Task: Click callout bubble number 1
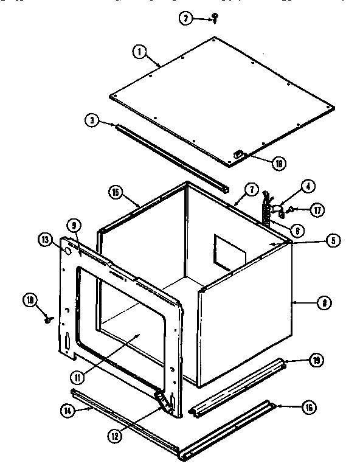(x=140, y=52)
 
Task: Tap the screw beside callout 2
(x=215, y=19)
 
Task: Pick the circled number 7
(x=249, y=189)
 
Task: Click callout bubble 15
(x=116, y=193)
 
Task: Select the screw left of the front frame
(x=47, y=318)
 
